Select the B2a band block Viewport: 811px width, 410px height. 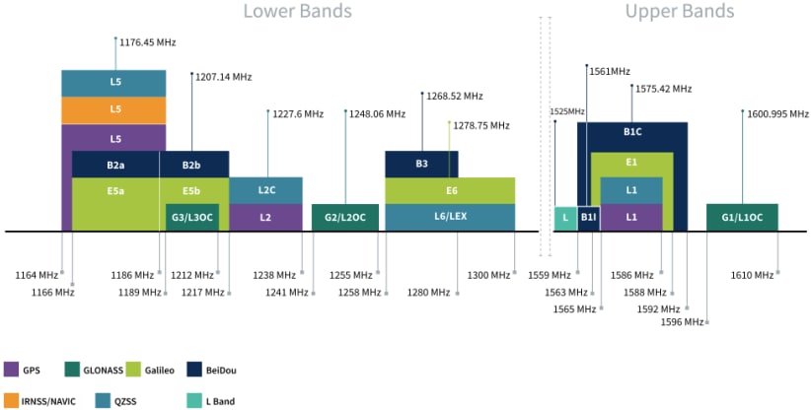coord(115,165)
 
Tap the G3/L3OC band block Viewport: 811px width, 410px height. coord(191,217)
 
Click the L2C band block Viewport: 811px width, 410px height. coord(265,190)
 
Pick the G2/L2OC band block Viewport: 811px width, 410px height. coord(345,217)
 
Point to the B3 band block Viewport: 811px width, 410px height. coord(421,165)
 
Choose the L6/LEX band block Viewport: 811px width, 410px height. coord(450,217)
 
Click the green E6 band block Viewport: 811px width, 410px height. coord(450,190)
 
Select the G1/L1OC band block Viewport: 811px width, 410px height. coord(742,217)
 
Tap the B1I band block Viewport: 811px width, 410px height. coord(588,217)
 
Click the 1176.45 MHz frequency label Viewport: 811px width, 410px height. coord(147,42)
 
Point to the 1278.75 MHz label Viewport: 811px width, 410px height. coord(480,125)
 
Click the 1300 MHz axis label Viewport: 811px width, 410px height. coord(487,275)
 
